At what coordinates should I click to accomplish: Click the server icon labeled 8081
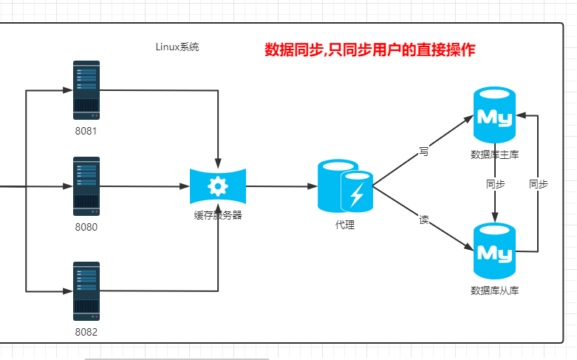coord(86,90)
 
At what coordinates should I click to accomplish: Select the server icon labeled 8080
coord(86,186)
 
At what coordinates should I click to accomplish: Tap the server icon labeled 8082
coord(86,291)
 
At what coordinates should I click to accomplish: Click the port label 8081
coord(86,132)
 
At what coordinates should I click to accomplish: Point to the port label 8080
coord(86,227)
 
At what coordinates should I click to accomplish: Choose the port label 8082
coord(86,332)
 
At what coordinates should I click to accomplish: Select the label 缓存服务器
coord(218,216)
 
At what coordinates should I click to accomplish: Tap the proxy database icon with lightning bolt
coord(345,186)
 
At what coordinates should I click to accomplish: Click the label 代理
coord(345,225)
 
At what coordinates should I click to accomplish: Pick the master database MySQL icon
coord(494,115)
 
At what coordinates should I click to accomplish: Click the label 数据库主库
coord(494,154)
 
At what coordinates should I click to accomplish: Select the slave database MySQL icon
coord(494,249)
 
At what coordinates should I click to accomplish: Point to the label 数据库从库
coord(494,291)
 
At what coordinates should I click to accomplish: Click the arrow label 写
coord(423,151)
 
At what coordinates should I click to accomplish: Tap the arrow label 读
coord(423,220)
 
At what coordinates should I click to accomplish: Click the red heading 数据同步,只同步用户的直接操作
coord(369,50)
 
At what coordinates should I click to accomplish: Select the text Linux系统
coord(177,47)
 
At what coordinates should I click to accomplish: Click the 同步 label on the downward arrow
coord(495,184)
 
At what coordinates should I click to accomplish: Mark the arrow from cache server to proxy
coord(281,186)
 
